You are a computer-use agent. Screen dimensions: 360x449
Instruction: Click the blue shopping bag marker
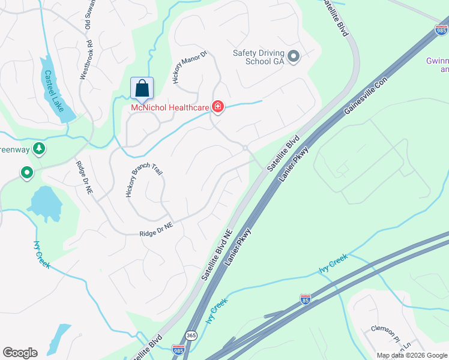[142, 88]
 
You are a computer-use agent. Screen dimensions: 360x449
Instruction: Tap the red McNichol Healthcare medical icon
[217, 107]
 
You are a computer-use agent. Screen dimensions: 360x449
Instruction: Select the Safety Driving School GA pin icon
[294, 57]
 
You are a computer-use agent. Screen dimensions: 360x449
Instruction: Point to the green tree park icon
[39, 148]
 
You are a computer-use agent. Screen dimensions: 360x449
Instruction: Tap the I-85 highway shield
[305, 300]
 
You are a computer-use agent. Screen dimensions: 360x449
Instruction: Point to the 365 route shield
[191, 335]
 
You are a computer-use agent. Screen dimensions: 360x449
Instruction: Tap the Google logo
[20, 353]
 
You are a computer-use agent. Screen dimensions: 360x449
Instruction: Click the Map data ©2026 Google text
[412, 355]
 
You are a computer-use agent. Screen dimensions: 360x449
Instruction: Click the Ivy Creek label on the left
[41, 254]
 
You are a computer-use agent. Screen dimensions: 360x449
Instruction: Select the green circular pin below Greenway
[27, 173]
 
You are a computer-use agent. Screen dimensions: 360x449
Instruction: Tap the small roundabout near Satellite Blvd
[245, 148]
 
